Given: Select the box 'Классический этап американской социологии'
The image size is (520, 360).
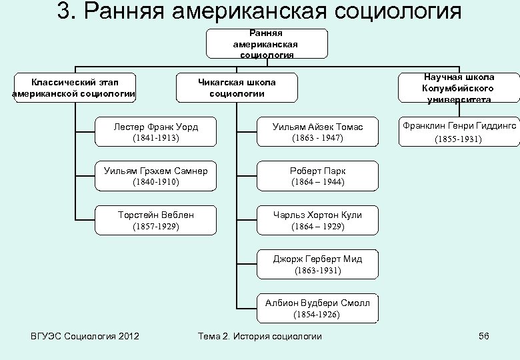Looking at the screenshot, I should pos(74,87).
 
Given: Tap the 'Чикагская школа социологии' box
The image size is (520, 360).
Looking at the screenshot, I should pos(237,87).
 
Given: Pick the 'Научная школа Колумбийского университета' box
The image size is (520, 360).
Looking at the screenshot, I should pos(457,88).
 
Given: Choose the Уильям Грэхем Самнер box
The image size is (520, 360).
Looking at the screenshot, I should pos(156,176).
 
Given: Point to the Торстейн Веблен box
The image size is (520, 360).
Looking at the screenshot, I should pos(156,221).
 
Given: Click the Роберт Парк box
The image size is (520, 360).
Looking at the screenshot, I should pos(317,176).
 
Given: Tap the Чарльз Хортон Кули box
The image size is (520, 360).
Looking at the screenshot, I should pos(317,221).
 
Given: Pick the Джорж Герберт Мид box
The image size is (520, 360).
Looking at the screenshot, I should pos(317,265).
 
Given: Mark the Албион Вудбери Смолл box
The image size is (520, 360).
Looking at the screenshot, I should pos(317,308).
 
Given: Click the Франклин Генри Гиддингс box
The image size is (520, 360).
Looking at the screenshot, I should pos(459,132).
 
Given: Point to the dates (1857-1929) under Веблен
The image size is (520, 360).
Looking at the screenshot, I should pos(156,227).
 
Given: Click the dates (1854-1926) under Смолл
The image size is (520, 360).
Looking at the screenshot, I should pos(317,314).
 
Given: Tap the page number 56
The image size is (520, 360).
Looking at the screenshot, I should pos(484,336).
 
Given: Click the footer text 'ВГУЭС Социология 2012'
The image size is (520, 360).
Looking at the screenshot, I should pos(80,336).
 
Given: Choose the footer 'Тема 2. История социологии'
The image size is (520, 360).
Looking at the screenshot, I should pos(260,336).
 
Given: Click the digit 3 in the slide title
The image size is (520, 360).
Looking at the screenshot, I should pos(65,11).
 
